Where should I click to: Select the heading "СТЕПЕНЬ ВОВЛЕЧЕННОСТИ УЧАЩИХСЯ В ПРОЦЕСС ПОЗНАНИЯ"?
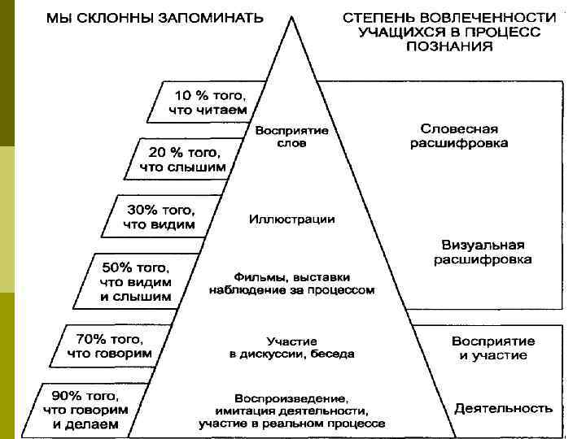coord(449,31)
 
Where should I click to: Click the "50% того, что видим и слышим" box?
coord(137,281)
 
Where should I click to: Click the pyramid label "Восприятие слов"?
coord(291,137)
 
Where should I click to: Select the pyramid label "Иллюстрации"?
coord(291,219)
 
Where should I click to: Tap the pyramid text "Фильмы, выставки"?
coord(291,276)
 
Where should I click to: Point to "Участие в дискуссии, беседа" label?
coord(291,347)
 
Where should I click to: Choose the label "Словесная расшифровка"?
coord(459,136)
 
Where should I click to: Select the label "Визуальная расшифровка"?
coord(483,252)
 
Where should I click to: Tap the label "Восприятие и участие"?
coord(493,348)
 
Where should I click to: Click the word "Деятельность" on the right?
coord(503,408)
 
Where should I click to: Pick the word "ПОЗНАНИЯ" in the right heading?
coord(449,46)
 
